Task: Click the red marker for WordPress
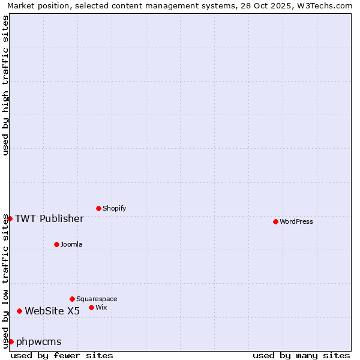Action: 275,221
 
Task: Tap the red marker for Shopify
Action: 98,208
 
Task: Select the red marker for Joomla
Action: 56,244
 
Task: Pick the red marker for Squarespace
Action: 72,299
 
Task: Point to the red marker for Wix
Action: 91,307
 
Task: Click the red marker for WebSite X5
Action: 19,311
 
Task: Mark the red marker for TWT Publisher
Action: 10,218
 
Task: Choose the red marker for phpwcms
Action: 11,341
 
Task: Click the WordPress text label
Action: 296,221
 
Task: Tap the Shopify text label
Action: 114,208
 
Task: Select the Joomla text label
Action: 71,244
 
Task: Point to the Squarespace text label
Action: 97,299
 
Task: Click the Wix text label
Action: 101,307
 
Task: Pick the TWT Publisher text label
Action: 49,218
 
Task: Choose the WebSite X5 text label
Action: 52,311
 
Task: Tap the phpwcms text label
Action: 39,342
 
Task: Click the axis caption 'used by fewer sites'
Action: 62,355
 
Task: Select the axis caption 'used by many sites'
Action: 301,355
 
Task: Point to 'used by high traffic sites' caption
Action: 5,85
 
